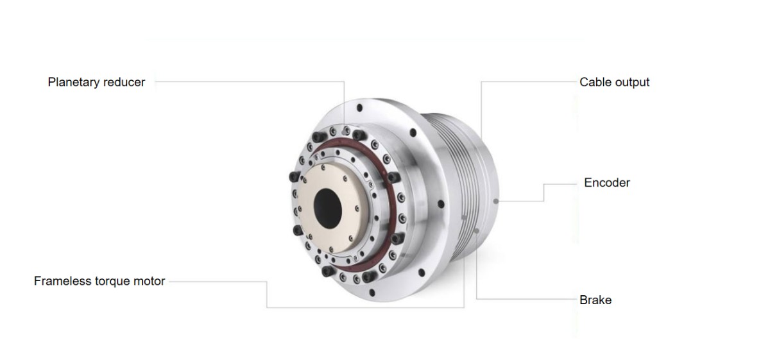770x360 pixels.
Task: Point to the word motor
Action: (149, 281)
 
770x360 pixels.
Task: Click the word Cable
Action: (594, 82)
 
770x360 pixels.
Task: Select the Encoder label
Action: (607, 183)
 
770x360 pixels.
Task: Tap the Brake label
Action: (595, 300)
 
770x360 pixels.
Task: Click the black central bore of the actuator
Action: (329, 207)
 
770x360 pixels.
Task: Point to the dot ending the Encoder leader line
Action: (497, 201)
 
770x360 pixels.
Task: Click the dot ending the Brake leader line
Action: (476, 230)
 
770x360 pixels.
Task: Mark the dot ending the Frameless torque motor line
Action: (464, 218)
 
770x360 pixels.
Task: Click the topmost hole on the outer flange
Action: (360, 108)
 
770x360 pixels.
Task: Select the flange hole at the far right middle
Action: (440, 205)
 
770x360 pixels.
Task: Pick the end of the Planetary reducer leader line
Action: (344, 128)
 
